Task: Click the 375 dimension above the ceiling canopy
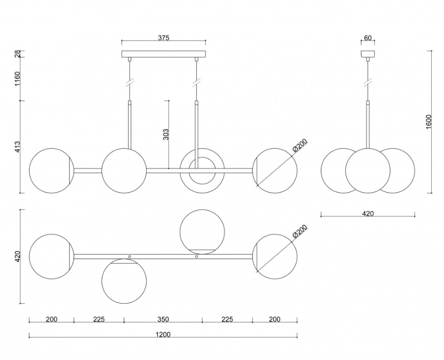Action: coord(163,38)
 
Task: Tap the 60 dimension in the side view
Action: coord(368,38)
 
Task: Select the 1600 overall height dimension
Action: coord(429,122)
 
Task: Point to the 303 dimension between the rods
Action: coord(166,134)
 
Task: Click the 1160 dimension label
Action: coord(18,80)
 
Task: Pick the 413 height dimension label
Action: coord(18,147)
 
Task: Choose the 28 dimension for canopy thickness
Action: coord(18,54)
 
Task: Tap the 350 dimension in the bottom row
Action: coord(163,319)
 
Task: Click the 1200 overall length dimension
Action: coord(163,334)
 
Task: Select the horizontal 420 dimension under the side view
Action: coord(368,213)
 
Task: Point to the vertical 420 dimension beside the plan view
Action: coord(18,257)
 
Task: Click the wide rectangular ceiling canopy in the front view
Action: coord(164,54)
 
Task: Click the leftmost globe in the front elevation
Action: coord(51,170)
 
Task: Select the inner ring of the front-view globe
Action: coord(202,170)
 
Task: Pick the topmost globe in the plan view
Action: coord(202,231)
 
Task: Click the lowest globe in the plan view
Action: coord(124,281)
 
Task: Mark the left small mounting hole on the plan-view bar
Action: coord(130,257)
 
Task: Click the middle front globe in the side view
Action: coord(368,170)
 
